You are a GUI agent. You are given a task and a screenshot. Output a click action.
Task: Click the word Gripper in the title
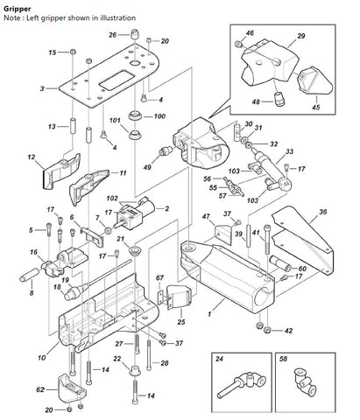(18, 9)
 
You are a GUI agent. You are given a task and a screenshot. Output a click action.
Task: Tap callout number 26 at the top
(113, 35)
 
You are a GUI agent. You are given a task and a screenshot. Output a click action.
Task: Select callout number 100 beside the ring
(159, 116)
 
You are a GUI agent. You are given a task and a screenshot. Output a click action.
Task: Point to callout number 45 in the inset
(315, 107)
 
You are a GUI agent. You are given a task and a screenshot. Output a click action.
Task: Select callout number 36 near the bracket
(322, 212)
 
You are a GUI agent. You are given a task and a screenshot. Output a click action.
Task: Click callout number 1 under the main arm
(209, 314)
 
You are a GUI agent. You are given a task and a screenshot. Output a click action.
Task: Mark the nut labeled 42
(266, 331)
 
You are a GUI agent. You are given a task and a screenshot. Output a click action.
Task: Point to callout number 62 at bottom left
(40, 389)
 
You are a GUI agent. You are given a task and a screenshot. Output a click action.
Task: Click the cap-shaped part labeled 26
(134, 34)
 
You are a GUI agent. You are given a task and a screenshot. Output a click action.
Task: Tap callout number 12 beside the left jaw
(32, 157)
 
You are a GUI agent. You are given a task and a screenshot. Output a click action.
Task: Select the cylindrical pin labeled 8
(29, 275)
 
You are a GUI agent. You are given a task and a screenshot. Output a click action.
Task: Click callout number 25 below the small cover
(181, 322)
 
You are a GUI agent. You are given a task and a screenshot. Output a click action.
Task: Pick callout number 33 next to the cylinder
(289, 151)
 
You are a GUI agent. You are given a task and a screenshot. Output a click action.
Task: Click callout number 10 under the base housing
(41, 357)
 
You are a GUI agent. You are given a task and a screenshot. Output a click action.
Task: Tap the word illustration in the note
(117, 18)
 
